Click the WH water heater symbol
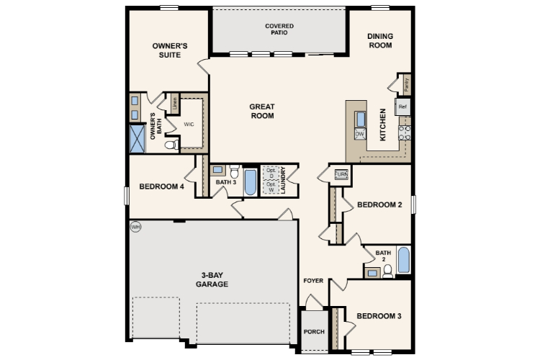pyautogui.click(x=135, y=227)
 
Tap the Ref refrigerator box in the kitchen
pyautogui.click(x=402, y=107)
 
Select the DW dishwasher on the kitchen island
pyautogui.click(x=360, y=134)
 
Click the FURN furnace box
pyautogui.click(x=341, y=174)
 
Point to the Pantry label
pyautogui.click(x=407, y=84)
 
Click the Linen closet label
pyautogui.click(x=175, y=103)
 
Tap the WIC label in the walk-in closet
pyautogui.click(x=189, y=125)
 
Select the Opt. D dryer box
pyautogui.click(x=271, y=174)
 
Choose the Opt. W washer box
pyautogui.click(x=271, y=187)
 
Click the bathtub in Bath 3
pyautogui.click(x=251, y=182)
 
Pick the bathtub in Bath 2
pyautogui.click(x=404, y=260)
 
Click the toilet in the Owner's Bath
pyautogui.click(x=172, y=145)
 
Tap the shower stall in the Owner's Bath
pyautogui.click(x=138, y=139)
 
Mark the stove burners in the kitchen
pyautogui.click(x=405, y=132)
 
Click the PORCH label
pyautogui.click(x=314, y=332)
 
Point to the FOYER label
pyautogui.click(x=313, y=281)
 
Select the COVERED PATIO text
pyautogui.click(x=279, y=30)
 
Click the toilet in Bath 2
pyautogui.click(x=388, y=271)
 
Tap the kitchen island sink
pyautogui.click(x=360, y=120)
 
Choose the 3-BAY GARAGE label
pyautogui.click(x=212, y=280)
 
